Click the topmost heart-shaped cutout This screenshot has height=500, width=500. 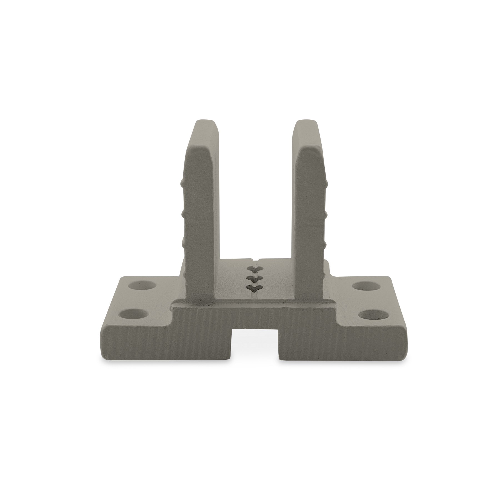tap(254, 269)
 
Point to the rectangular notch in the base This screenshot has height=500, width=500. tap(256, 347)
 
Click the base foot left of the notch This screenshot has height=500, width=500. tap(167, 344)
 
